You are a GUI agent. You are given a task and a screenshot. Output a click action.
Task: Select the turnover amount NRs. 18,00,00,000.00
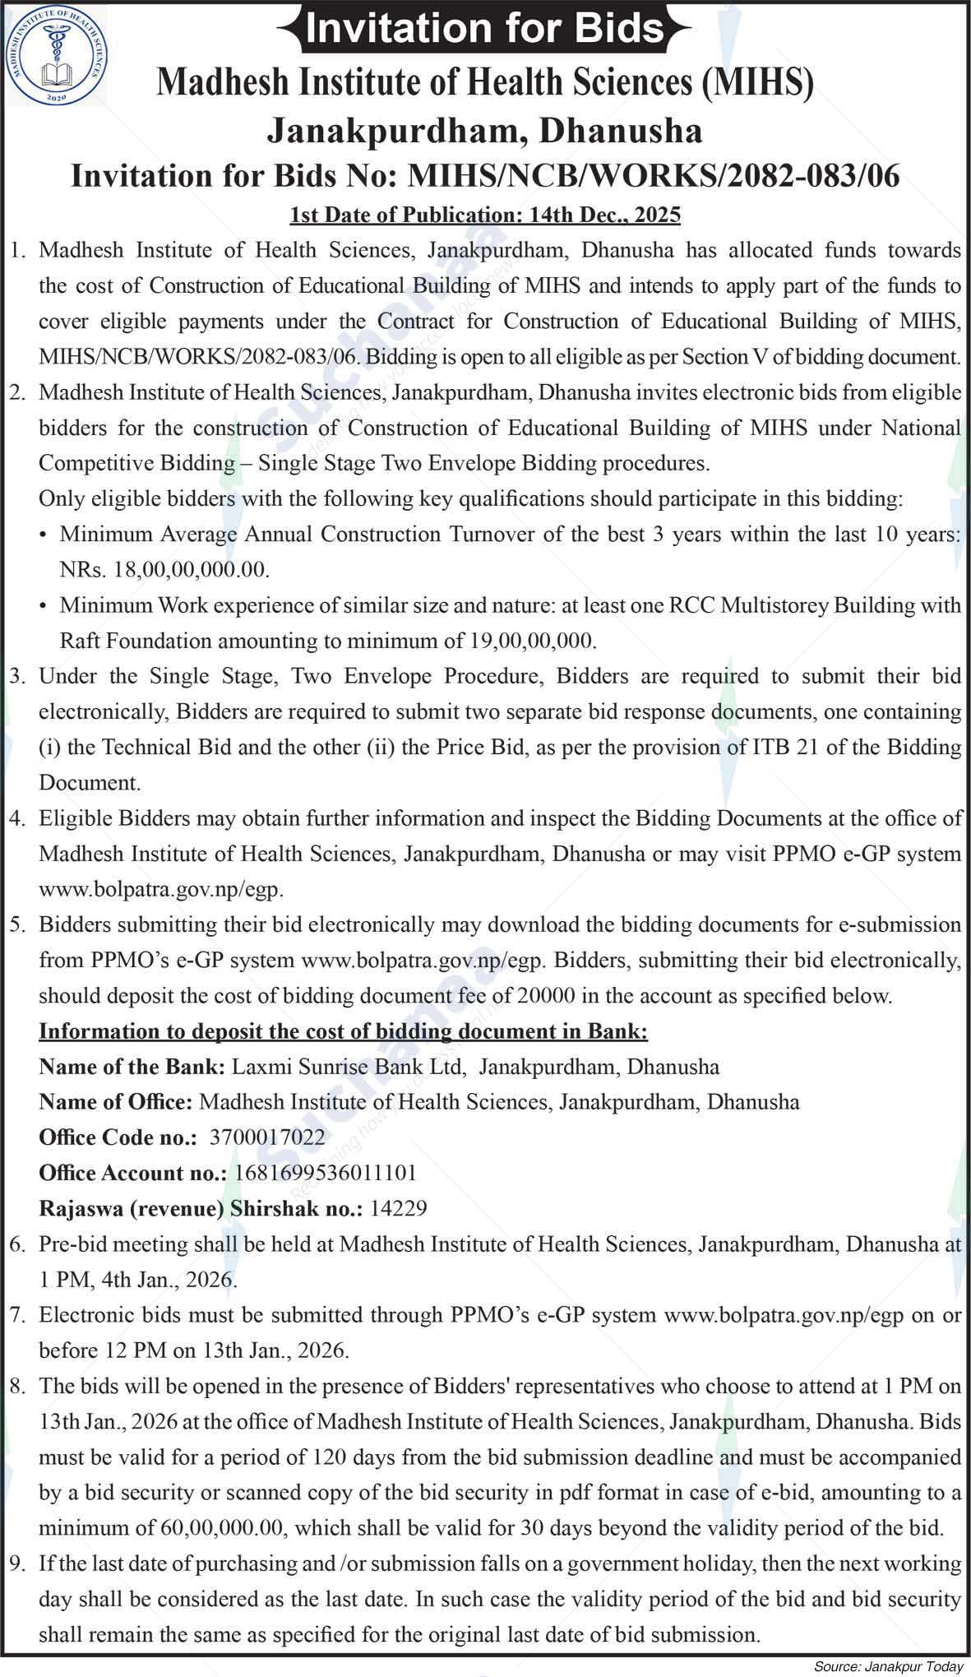pos(165,570)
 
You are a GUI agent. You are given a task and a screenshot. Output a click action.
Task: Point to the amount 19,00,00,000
pos(532,641)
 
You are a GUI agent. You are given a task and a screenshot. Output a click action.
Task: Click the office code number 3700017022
pos(267,1137)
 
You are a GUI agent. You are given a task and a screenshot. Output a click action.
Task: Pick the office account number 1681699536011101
pos(326,1173)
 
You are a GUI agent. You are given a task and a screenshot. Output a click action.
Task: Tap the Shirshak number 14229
pos(399,1208)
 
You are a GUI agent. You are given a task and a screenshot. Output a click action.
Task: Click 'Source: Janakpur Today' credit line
pos(888,1667)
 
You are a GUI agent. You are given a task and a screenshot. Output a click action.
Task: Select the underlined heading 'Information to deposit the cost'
pos(344,1031)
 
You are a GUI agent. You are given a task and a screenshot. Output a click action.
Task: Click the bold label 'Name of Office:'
pos(116,1102)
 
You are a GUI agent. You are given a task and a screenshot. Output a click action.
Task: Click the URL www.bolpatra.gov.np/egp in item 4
pos(160,890)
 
